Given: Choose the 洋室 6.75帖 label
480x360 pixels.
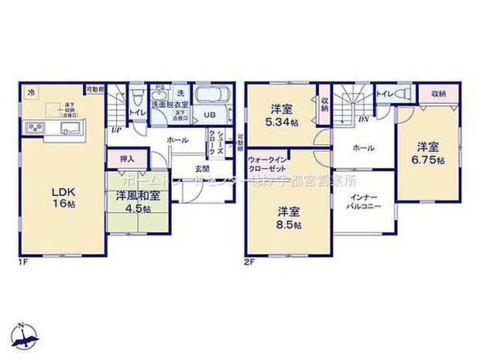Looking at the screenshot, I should [x=430, y=153].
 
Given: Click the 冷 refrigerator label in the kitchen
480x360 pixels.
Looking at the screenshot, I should [x=30, y=92].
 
